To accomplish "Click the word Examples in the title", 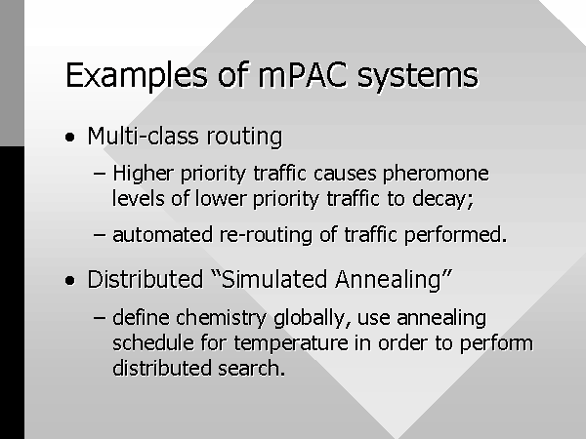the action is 137,76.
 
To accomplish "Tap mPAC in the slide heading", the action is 303,75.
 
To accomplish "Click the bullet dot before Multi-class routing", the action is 70,137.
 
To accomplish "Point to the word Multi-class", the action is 144,136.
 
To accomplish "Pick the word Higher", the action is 144,175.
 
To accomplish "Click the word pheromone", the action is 436,175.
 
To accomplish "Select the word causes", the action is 345,175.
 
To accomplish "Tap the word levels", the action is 139,198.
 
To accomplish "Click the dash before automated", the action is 100,235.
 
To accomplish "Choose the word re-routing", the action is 266,236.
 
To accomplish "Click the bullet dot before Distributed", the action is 70,280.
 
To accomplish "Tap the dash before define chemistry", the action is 100,318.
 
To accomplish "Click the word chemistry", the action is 222,319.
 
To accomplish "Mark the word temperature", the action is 291,343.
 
